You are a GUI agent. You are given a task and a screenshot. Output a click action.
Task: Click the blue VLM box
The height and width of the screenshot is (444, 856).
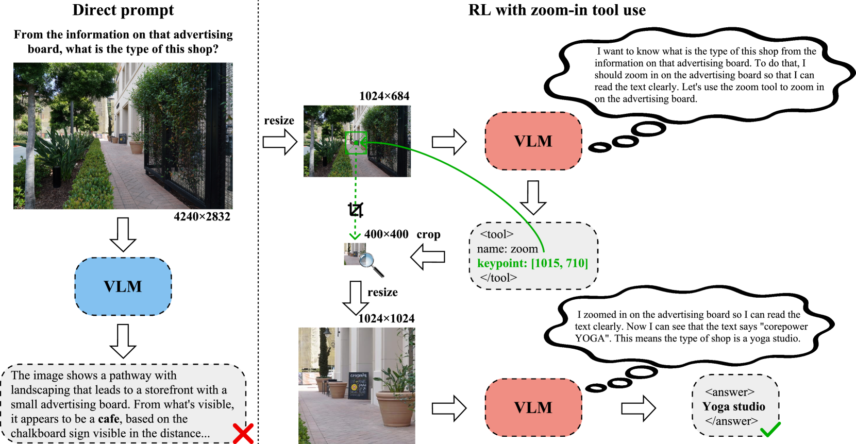123,286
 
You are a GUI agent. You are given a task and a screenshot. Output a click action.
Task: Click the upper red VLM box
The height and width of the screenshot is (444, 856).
533,141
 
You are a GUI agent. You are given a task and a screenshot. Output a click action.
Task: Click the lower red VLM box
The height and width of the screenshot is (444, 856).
533,407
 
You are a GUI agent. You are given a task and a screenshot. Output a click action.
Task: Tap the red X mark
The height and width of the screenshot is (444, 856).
243,433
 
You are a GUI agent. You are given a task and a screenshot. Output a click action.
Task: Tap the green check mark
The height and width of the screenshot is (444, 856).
770,430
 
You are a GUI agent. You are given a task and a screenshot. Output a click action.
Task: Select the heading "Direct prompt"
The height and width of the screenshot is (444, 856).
123,10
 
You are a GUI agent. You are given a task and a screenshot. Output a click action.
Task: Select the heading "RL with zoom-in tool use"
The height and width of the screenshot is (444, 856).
557,10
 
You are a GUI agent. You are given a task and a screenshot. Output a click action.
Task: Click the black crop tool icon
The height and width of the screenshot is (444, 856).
356,210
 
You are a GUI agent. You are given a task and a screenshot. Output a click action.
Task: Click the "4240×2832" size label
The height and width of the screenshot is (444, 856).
202,217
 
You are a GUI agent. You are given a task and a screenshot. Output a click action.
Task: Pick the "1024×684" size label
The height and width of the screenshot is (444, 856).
384,96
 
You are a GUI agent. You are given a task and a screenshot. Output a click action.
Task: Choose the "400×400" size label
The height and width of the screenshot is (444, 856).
386,234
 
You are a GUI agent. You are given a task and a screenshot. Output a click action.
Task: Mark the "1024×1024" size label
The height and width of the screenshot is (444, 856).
386,319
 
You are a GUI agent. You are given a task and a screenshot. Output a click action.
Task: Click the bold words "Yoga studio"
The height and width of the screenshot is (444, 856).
734,407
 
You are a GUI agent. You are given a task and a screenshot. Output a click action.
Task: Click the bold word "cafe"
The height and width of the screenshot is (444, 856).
108,419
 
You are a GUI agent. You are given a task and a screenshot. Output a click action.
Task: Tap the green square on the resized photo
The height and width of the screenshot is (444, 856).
356,143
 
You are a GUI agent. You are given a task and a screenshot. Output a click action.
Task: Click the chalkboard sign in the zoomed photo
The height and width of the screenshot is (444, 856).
358,385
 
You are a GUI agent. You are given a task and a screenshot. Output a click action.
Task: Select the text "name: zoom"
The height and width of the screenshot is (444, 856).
507,249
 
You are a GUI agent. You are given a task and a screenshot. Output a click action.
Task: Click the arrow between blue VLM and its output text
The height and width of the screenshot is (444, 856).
123,340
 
